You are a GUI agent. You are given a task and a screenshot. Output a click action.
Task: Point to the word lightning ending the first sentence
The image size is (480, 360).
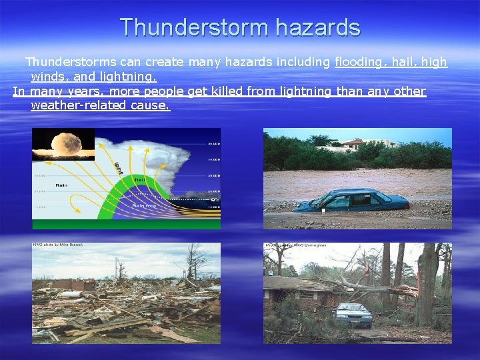[131, 77]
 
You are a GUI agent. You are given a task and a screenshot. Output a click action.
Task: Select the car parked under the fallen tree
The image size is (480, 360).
[352, 313]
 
